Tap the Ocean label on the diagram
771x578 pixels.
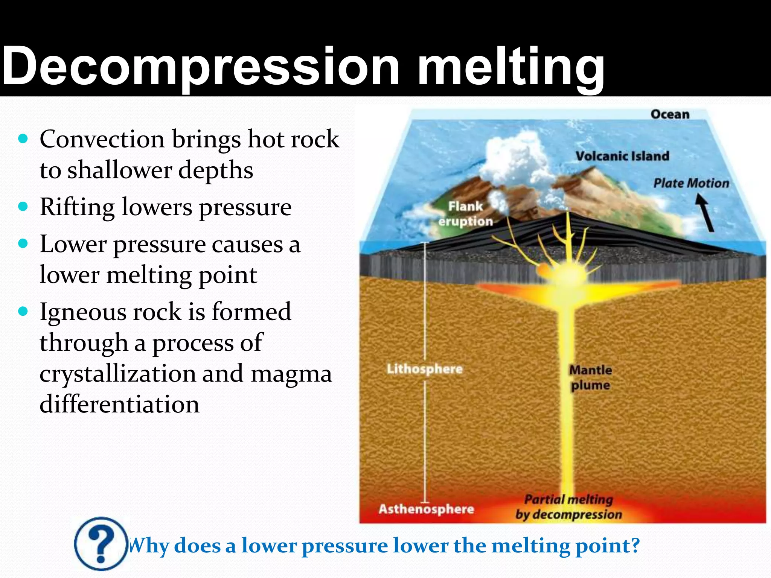670,114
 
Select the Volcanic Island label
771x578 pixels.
622,156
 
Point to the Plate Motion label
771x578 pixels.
691,183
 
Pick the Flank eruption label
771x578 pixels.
466,214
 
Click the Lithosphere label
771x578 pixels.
425,369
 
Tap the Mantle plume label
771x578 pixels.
590,377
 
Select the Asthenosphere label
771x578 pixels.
426,509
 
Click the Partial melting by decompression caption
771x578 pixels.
568,507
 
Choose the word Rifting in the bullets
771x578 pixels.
77,207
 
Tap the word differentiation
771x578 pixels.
119,405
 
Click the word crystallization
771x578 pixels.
117,374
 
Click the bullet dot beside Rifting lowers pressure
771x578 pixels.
23,207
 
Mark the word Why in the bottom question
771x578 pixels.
149,546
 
